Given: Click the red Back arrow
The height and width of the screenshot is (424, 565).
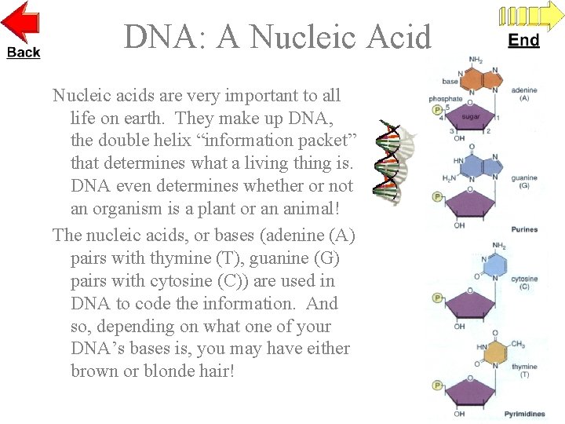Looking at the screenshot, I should point(21,24).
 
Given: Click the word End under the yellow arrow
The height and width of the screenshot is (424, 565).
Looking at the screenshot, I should point(524,40).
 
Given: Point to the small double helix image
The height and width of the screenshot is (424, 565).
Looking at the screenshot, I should point(391,161).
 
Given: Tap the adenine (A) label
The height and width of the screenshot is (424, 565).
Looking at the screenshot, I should point(524,93).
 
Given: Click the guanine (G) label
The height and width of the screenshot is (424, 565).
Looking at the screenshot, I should point(524,181).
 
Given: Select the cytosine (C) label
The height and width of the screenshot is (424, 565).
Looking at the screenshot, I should point(524,283).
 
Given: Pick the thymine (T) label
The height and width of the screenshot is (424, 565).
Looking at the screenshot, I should point(524,371).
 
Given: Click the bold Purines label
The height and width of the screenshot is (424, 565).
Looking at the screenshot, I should point(523,229).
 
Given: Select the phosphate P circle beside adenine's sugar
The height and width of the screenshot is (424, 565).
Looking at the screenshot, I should point(438,110).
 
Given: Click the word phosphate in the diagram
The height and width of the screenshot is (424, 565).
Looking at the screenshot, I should point(446,99).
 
